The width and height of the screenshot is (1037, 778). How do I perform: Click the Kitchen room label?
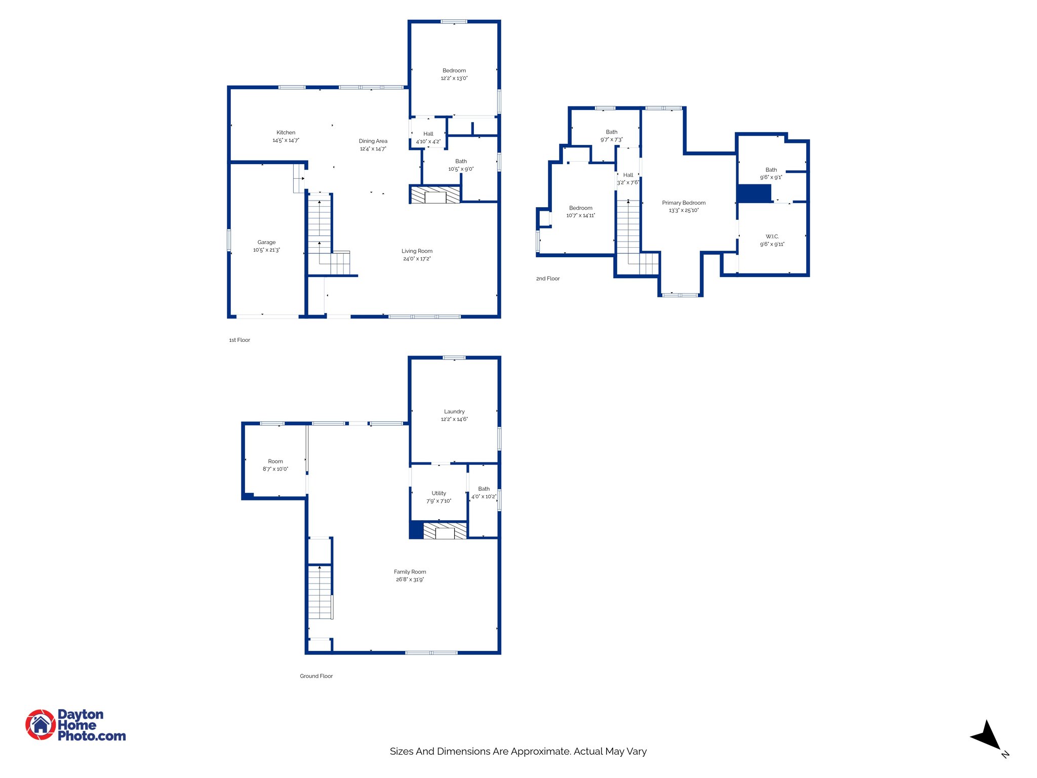point(286,133)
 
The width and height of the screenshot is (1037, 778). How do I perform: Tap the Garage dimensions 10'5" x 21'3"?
point(266,250)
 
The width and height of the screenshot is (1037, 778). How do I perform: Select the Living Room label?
point(417,251)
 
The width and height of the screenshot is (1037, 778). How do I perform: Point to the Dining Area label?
point(373,141)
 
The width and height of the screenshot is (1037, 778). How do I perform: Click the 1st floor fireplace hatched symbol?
point(435,196)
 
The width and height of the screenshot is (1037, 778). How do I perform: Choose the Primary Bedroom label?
point(684,203)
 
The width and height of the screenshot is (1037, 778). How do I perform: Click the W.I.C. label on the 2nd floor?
point(772,237)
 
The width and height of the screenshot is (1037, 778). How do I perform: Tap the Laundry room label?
point(454,412)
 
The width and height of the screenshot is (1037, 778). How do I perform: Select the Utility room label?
point(438,493)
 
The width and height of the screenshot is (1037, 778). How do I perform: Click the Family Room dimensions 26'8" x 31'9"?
point(410,579)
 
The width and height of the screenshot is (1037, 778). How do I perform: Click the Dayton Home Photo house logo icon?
point(41,725)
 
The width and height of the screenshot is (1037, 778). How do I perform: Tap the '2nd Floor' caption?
point(548,279)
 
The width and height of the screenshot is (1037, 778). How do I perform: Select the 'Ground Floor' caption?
point(316,676)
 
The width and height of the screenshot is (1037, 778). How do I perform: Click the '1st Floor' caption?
point(240,340)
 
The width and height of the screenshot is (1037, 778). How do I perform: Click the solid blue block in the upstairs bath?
point(754,193)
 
